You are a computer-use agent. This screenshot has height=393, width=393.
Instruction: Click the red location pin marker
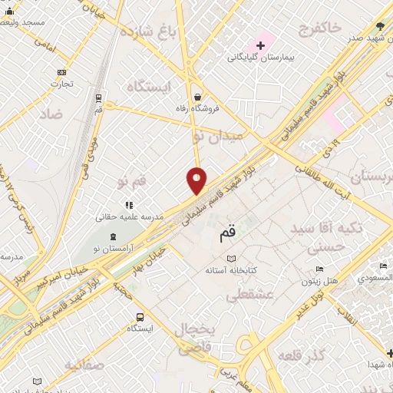[196, 180]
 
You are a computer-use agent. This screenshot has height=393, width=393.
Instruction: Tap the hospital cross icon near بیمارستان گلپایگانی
[260, 45]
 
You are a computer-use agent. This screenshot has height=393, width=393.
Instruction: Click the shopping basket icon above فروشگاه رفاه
[199, 97]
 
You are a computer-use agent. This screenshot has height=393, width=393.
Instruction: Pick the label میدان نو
[218, 134]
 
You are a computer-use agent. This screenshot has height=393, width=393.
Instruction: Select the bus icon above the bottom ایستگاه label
[140, 317]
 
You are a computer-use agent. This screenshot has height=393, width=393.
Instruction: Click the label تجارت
[62, 84]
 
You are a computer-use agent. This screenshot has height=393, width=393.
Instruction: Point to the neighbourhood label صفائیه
[84, 364]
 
